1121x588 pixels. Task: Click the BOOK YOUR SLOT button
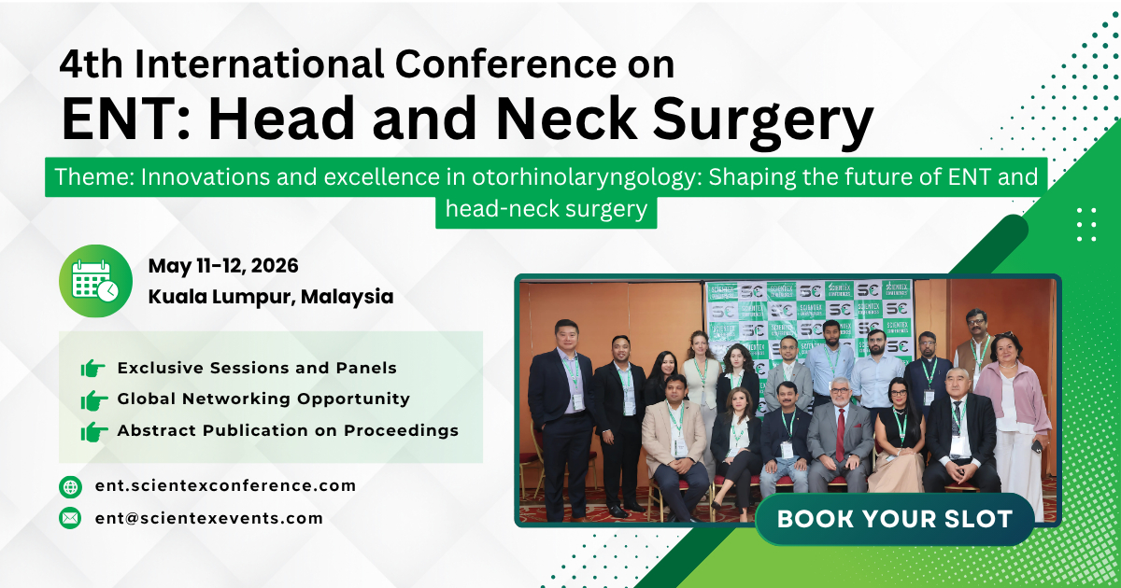click(x=894, y=519)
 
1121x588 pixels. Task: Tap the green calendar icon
click(x=95, y=281)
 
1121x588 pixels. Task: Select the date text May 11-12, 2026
click(x=223, y=266)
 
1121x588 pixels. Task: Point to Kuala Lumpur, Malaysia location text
click(x=271, y=298)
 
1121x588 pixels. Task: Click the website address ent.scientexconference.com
click(x=225, y=485)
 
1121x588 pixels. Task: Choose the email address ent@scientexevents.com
click(x=209, y=518)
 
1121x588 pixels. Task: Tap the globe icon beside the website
click(x=70, y=486)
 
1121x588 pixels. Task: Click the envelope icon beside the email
click(x=70, y=518)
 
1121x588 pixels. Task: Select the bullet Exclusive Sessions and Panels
click(x=257, y=369)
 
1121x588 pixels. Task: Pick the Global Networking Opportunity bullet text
click(x=263, y=399)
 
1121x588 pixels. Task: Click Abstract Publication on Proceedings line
click(x=288, y=430)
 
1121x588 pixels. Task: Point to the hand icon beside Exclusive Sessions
click(x=92, y=369)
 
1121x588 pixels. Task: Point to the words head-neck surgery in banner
click(x=546, y=210)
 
